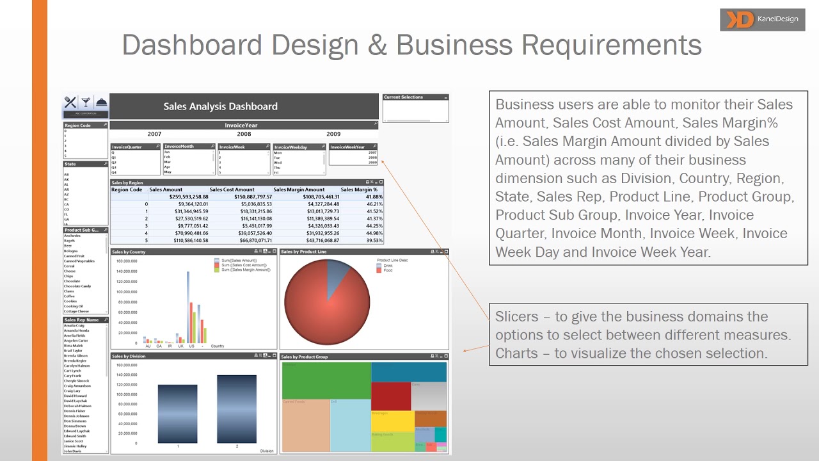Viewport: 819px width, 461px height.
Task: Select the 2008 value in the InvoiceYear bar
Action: pyautogui.click(x=244, y=134)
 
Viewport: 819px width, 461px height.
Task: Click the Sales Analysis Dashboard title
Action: pyautogui.click(x=220, y=106)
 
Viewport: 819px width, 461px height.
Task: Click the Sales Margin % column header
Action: pyautogui.click(x=359, y=190)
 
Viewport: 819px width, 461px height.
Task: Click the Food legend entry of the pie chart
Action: pyautogui.click(x=387, y=270)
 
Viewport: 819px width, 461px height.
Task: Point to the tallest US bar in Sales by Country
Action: pyautogui.click(x=188, y=307)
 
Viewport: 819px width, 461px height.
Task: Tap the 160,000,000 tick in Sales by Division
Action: pyautogui.click(x=127, y=365)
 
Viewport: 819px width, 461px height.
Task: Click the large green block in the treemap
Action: pyautogui.click(x=326, y=380)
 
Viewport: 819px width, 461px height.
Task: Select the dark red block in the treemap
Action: pyautogui.click(x=390, y=396)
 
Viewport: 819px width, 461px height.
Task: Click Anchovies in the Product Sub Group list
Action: pyautogui.click(x=72, y=236)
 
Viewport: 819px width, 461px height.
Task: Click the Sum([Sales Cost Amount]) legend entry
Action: pyautogui.click(x=246, y=265)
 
